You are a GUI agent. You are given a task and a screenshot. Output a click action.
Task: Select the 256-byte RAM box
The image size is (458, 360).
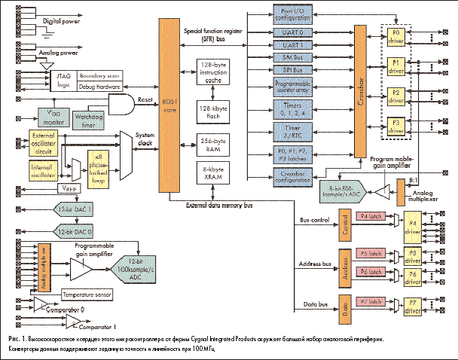click(x=212, y=145)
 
